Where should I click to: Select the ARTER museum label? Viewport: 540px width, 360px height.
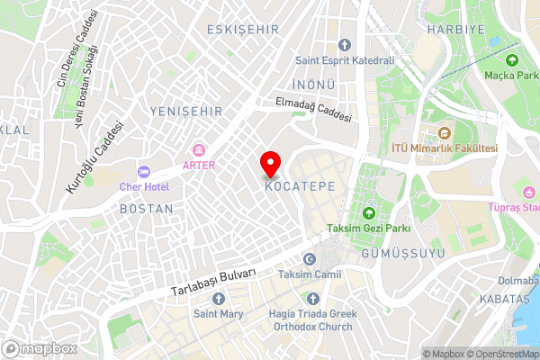(x=199, y=165)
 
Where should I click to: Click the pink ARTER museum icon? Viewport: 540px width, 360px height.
(x=199, y=148)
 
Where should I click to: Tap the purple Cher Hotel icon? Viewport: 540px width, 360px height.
(x=143, y=171)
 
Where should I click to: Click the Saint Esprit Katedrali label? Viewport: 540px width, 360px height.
(x=346, y=61)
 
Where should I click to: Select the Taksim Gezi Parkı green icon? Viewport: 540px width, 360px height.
(x=368, y=213)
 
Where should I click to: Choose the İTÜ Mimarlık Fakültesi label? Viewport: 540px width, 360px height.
(x=445, y=148)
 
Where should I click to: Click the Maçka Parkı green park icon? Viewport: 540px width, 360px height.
(x=512, y=60)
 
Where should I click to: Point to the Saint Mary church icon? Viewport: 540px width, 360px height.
(x=216, y=299)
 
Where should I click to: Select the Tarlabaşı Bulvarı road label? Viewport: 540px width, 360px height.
(x=212, y=283)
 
